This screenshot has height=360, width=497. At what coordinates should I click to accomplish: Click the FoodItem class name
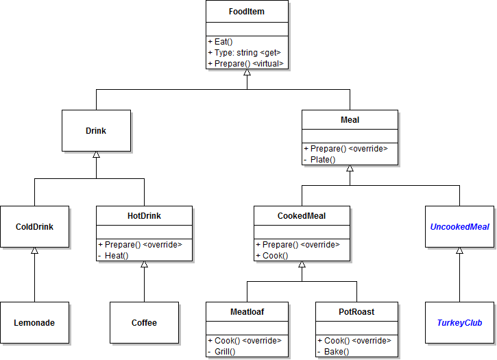pyautogui.click(x=247, y=12)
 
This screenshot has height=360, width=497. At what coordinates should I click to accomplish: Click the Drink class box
pyautogui.click(x=96, y=130)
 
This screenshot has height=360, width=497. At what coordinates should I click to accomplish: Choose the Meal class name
pyautogui.click(x=350, y=120)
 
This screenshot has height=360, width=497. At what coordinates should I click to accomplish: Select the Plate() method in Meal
pyautogui.click(x=323, y=159)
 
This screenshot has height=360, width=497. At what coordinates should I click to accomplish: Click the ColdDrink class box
pyautogui.click(x=34, y=226)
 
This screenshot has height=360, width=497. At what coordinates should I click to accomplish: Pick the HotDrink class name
pyautogui.click(x=144, y=216)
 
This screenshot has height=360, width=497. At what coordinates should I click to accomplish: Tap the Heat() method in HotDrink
pyautogui.click(x=117, y=255)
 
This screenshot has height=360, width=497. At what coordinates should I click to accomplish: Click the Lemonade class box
pyautogui.click(x=34, y=322)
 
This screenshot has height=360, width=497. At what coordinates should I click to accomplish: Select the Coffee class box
pyautogui.click(x=144, y=322)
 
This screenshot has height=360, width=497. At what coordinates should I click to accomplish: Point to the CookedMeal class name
pyautogui.click(x=302, y=216)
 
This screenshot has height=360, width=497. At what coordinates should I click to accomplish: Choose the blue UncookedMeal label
pyautogui.click(x=459, y=226)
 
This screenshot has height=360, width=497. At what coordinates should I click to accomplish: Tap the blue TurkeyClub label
pyautogui.click(x=459, y=322)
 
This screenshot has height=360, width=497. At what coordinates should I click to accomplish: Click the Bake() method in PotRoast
pyautogui.click(x=337, y=351)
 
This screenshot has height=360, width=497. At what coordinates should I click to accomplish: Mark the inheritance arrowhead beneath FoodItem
pyautogui.click(x=247, y=73)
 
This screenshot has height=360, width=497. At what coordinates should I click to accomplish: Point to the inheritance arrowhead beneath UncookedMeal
pyautogui.click(x=459, y=251)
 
